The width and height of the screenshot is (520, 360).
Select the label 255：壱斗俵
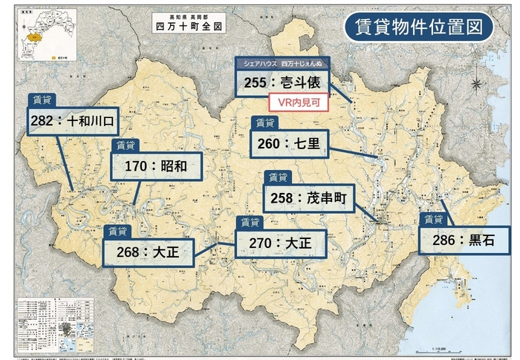(282, 83)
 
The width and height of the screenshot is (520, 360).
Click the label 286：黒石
(466, 240)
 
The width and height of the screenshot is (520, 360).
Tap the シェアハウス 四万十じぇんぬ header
(282, 63)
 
